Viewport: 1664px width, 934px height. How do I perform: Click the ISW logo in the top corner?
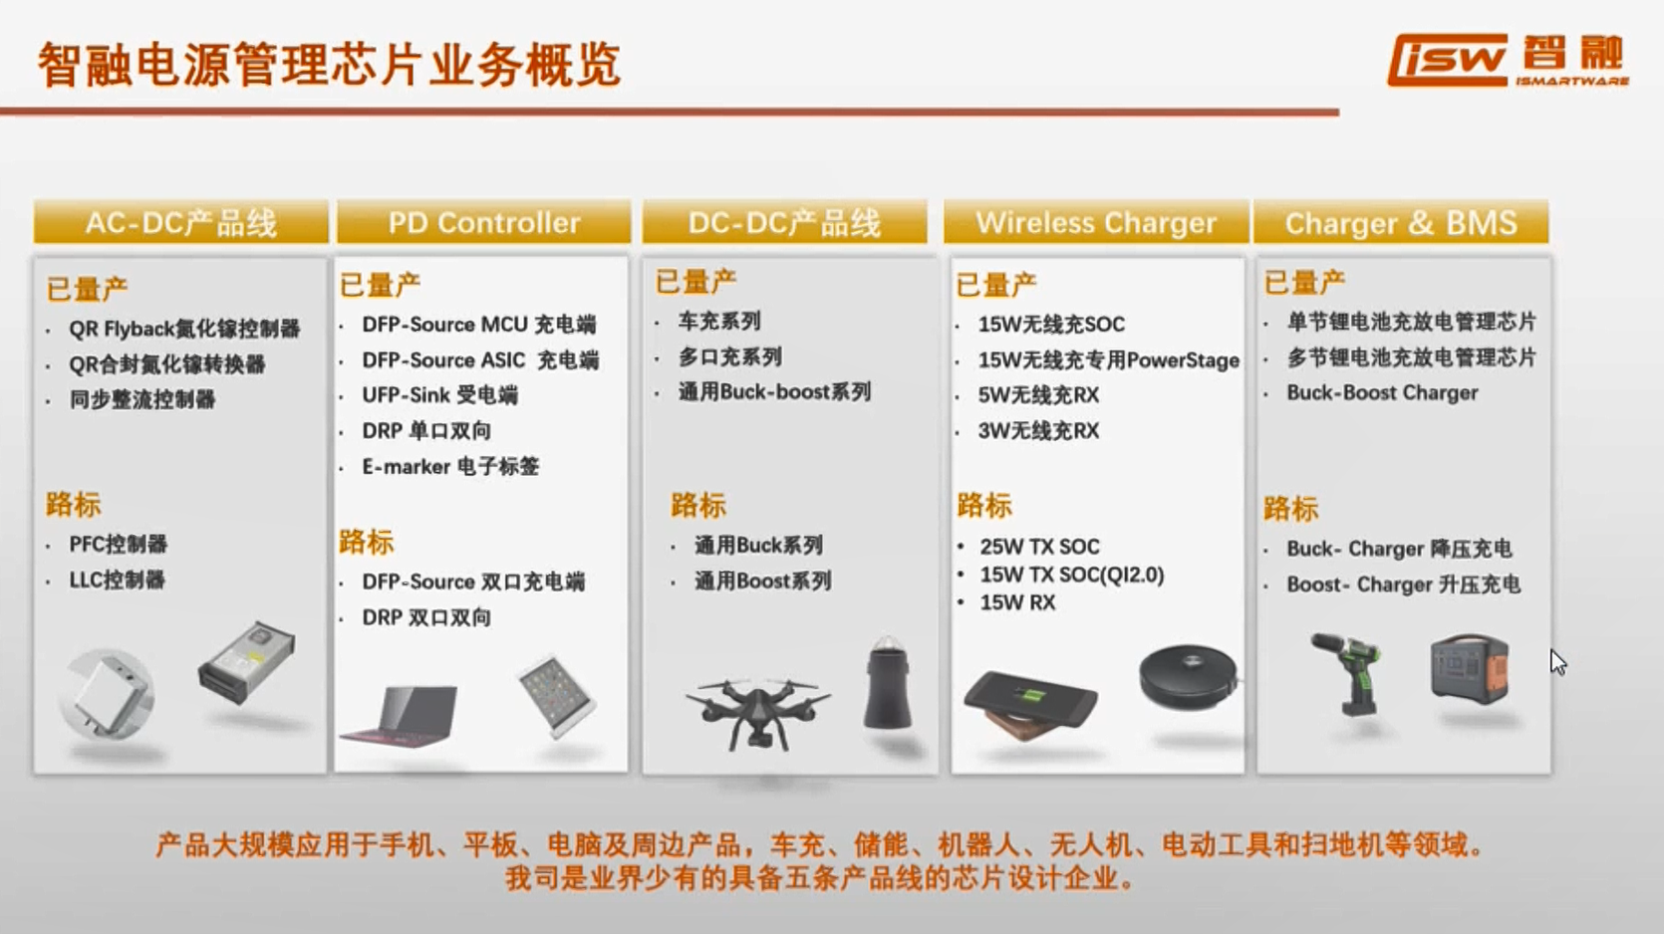point(1508,60)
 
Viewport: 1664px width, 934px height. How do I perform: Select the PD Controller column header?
point(483,222)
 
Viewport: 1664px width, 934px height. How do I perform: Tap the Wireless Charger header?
point(1096,222)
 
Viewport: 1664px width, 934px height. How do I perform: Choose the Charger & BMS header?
point(1401,222)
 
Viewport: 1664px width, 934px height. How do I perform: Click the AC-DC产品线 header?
point(180,222)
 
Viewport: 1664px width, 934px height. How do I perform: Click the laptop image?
point(402,717)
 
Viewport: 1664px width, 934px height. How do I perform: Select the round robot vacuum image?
point(1189,676)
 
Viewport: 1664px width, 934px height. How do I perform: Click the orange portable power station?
point(1470,668)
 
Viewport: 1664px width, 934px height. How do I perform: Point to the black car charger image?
point(887,683)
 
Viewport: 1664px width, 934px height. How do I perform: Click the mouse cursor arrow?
point(1557,661)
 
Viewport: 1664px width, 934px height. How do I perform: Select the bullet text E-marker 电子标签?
point(450,466)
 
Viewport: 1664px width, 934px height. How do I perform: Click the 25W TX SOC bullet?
point(1039,547)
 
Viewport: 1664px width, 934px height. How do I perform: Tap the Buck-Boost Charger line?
point(1382,392)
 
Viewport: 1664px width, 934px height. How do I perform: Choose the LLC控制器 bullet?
point(117,580)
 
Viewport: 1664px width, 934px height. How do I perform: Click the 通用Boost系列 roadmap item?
point(762,581)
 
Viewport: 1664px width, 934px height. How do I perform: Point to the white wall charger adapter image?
point(107,695)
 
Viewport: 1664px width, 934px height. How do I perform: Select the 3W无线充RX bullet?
point(1038,430)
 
